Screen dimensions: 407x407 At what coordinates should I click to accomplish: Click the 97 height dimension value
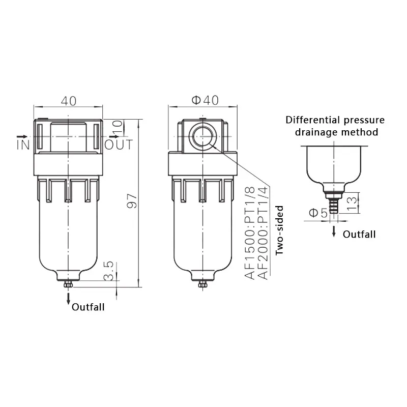point(132,200)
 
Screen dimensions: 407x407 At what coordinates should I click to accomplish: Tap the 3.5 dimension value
point(109,271)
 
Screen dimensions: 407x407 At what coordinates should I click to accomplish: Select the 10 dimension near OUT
point(118,127)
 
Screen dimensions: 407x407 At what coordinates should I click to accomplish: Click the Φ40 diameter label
point(205,100)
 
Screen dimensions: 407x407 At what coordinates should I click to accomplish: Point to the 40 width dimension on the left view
point(69,101)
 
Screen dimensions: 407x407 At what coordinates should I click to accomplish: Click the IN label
point(23,144)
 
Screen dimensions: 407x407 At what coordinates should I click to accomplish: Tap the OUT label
point(119,144)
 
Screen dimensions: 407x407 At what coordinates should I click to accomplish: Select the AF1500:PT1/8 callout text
point(250,233)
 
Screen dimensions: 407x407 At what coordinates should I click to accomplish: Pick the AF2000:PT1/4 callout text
point(263,233)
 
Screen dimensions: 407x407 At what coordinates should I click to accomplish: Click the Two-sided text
point(279,230)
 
